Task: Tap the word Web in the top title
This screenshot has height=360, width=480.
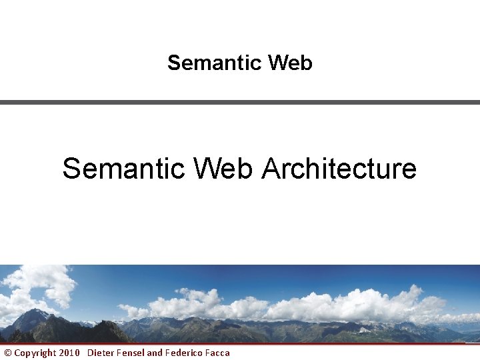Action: tap(289, 63)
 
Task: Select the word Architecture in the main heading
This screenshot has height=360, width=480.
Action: tap(339, 169)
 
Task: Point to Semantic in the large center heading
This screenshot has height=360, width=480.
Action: tap(123, 169)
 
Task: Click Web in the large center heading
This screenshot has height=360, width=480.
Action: tap(223, 169)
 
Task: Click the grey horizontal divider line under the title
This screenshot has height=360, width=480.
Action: tap(240, 102)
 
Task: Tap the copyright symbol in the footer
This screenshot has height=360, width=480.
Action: tap(8, 353)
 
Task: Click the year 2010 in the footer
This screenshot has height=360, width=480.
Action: tap(69, 353)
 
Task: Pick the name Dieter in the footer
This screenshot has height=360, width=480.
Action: tap(101, 353)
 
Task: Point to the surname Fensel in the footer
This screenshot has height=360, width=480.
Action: tap(131, 353)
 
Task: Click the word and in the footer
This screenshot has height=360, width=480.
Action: tap(155, 353)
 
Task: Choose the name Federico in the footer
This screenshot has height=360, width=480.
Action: tap(183, 353)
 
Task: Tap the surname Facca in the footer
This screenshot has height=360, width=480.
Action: tap(217, 353)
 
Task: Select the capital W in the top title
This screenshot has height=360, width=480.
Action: tap(276, 63)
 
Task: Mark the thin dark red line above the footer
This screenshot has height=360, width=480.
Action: tap(240, 344)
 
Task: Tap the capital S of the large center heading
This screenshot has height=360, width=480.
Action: tap(71, 169)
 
